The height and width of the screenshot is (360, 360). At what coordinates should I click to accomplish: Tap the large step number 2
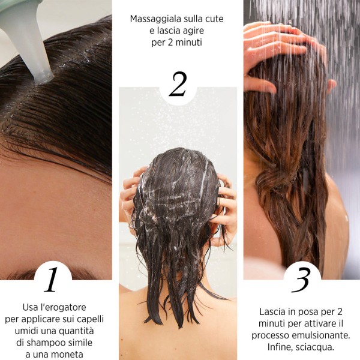pyautogui.click(x=178, y=85)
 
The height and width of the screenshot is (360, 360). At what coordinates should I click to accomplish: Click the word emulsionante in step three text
pyautogui.click(x=325, y=334)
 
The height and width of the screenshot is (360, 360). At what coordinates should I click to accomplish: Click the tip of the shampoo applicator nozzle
pyautogui.click(x=43, y=77)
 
